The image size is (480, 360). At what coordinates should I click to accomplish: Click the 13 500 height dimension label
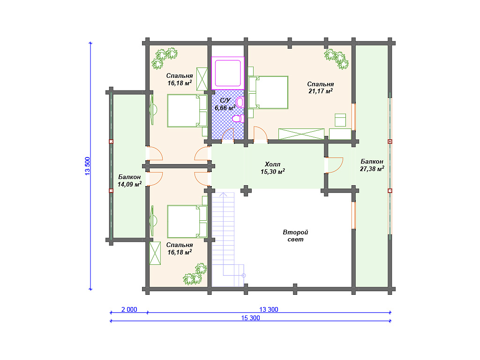click(88, 166)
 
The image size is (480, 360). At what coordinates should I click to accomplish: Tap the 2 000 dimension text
click(129, 309)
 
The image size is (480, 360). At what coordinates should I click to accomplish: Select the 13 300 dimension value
click(269, 309)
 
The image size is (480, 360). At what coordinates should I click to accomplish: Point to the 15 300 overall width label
click(250, 318)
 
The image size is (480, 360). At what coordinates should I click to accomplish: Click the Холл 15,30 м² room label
click(273, 168)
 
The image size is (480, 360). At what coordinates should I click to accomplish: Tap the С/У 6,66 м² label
click(225, 104)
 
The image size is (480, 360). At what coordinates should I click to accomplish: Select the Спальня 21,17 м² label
click(321, 88)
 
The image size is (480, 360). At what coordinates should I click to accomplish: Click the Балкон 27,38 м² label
click(372, 165)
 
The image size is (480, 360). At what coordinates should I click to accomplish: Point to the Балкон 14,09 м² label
click(129, 180)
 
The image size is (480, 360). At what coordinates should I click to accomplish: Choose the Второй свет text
click(295, 236)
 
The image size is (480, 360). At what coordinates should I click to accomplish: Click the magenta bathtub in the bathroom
click(228, 73)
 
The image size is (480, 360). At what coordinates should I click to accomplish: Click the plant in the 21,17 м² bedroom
click(337, 59)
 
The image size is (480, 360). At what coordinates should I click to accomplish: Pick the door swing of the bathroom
click(228, 134)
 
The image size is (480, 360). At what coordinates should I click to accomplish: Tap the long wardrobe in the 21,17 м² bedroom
click(301, 134)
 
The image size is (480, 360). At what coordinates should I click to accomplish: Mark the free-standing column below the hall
click(246, 191)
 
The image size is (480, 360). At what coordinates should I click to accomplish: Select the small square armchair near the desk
click(340, 120)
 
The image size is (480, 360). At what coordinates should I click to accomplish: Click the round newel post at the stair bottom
click(244, 276)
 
